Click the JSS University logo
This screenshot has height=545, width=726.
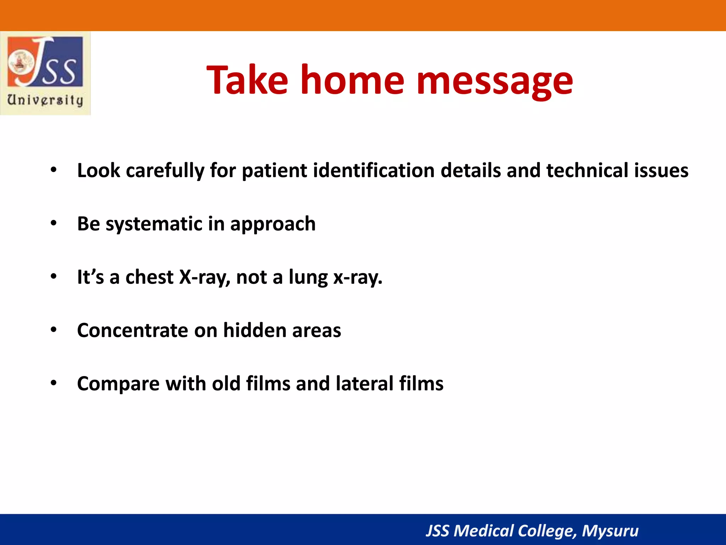point(45,73)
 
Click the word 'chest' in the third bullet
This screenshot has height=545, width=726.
point(149,277)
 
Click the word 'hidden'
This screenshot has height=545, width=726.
point(255,331)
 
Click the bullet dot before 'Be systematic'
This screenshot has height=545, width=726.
point(54,223)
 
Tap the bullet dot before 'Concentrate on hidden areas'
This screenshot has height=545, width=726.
point(54,330)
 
